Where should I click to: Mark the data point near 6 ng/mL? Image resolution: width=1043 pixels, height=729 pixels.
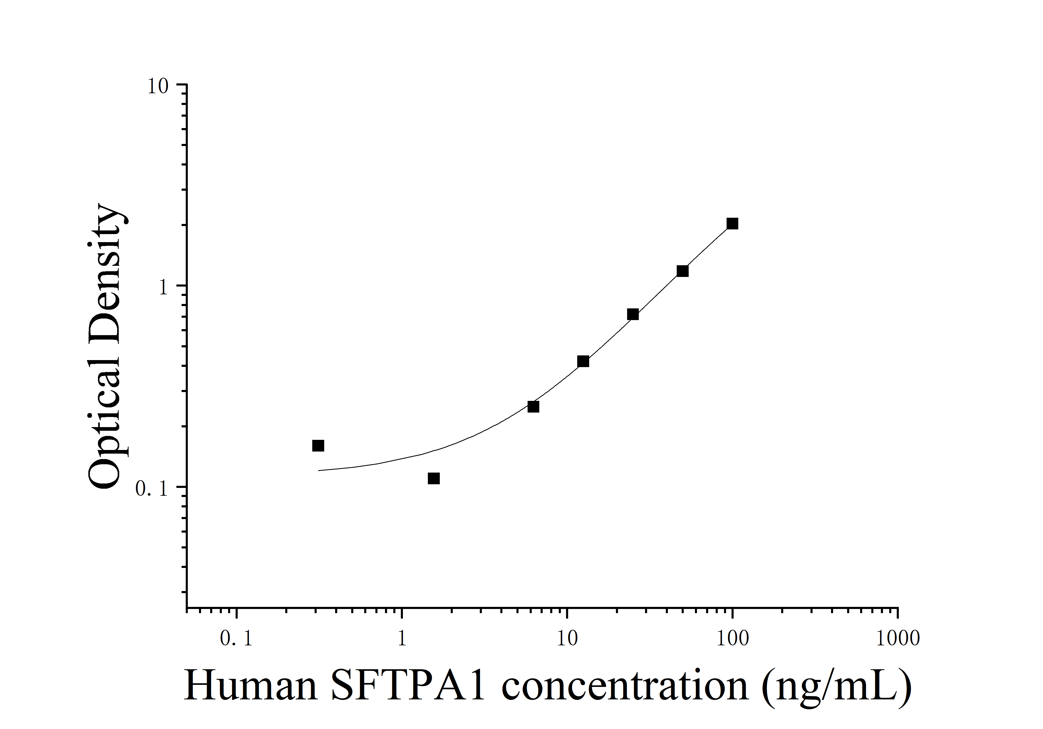point(533,407)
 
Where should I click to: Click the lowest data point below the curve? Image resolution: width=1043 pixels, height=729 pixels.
point(434,478)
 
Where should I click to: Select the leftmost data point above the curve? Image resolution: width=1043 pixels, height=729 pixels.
point(318,446)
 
